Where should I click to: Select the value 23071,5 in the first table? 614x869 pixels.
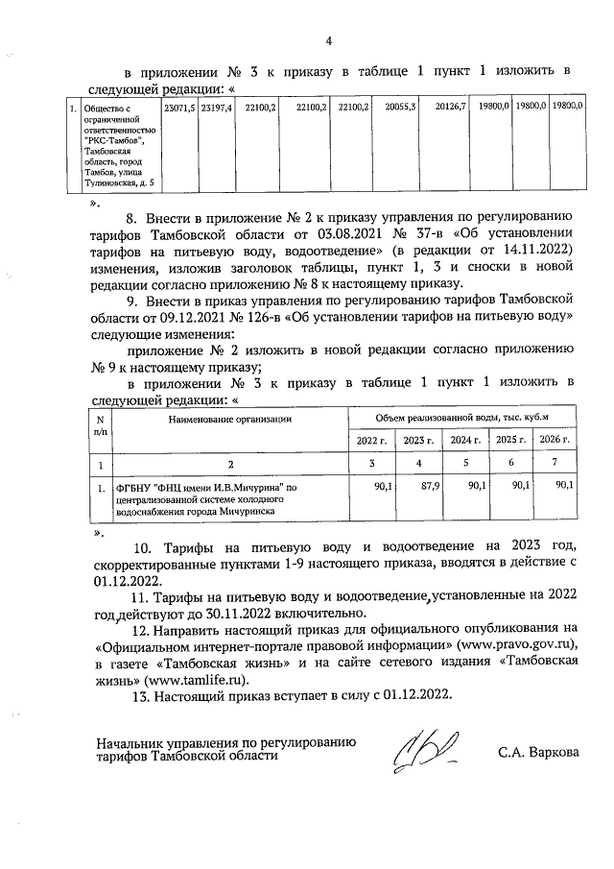(179, 108)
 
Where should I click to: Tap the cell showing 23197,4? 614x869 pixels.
(216, 108)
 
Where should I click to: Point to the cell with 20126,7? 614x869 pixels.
(449, 108)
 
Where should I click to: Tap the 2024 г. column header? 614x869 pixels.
(465, 440)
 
